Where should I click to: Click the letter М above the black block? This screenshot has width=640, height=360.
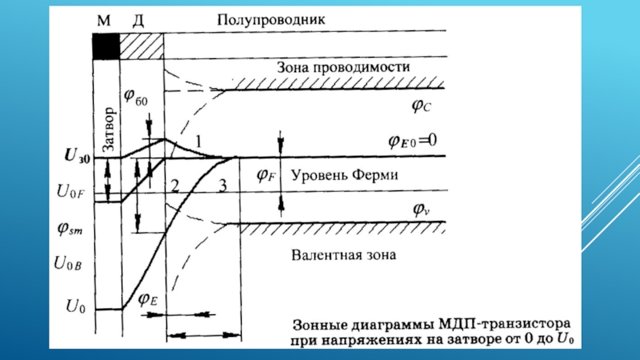(x=104, y=20)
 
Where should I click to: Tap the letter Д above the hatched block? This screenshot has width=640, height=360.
(x=138, y=21)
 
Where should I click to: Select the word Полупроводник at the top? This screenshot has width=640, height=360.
(x=271, y=19)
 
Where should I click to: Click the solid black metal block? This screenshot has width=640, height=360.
(x=106, y=46)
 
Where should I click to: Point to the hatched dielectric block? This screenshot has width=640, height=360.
(x=142, y=46)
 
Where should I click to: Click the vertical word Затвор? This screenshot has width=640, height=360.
(x=109, y=130)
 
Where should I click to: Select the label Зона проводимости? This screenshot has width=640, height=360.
(x=343, y=67)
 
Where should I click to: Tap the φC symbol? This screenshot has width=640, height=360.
(x=422, y=106)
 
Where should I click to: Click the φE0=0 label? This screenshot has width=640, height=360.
(x=412, y=141)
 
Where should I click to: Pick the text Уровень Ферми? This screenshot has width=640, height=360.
(x=345, y=175)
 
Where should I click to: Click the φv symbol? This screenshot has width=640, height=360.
(x=422, y=210)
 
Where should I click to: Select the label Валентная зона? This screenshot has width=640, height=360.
(x=343, y=255)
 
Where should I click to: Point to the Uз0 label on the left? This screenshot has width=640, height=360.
(x=78, y=155)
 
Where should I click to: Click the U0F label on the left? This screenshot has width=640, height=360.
(x=70, y=191)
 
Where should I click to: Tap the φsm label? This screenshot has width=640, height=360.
(x=70, y=229)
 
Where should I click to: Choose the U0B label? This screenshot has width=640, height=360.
(x=68, y=264)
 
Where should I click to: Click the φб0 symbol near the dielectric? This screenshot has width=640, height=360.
(x=135, y=97)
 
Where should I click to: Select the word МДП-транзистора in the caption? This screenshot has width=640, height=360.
(x=505, y=325)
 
